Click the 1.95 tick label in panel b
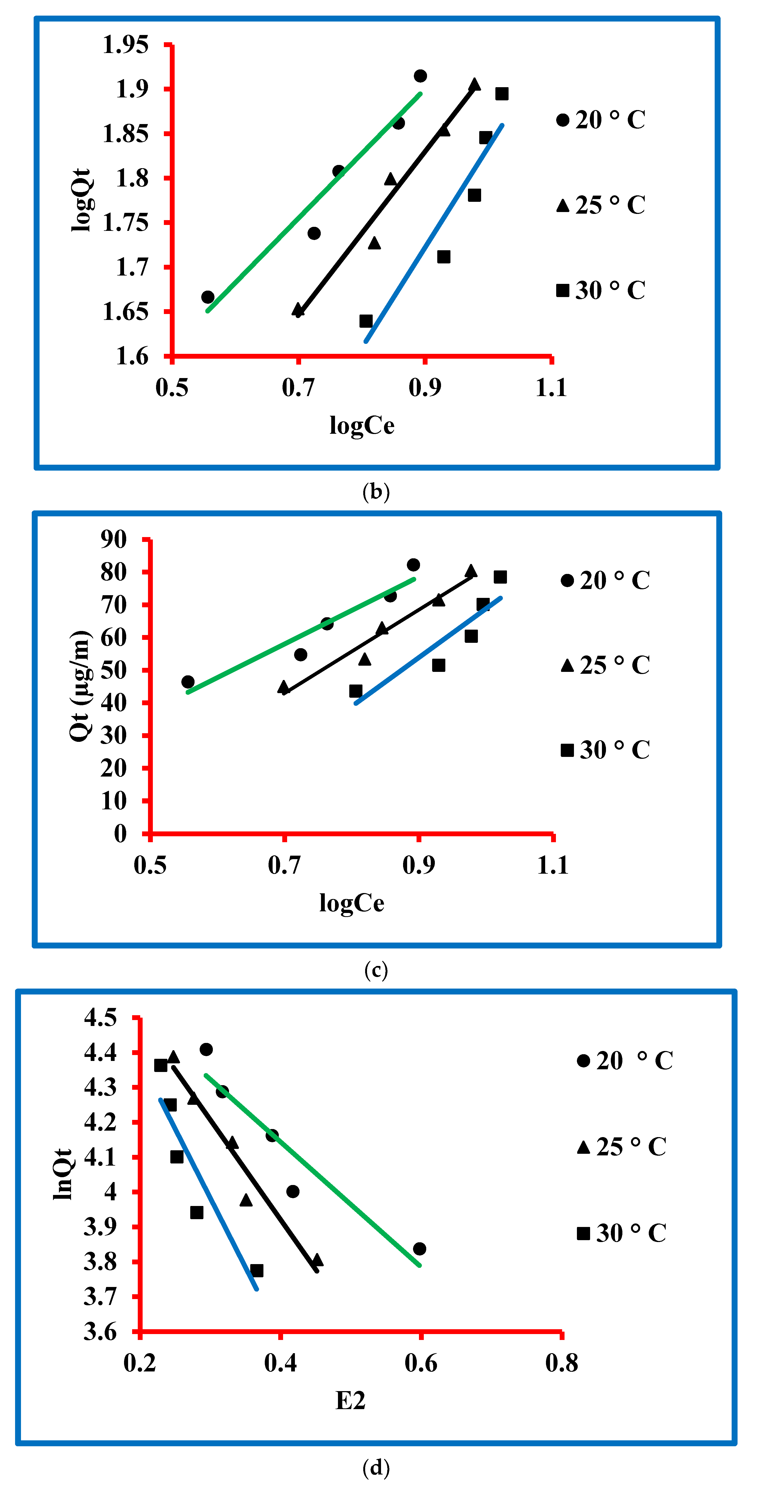(x=125, y=45)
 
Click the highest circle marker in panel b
(x=420, y=76)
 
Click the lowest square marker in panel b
(x=366, y=321)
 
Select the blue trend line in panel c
(x=428, y=650)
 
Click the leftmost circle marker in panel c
(x=188, y=682)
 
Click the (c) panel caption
(x=376, y=969)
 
